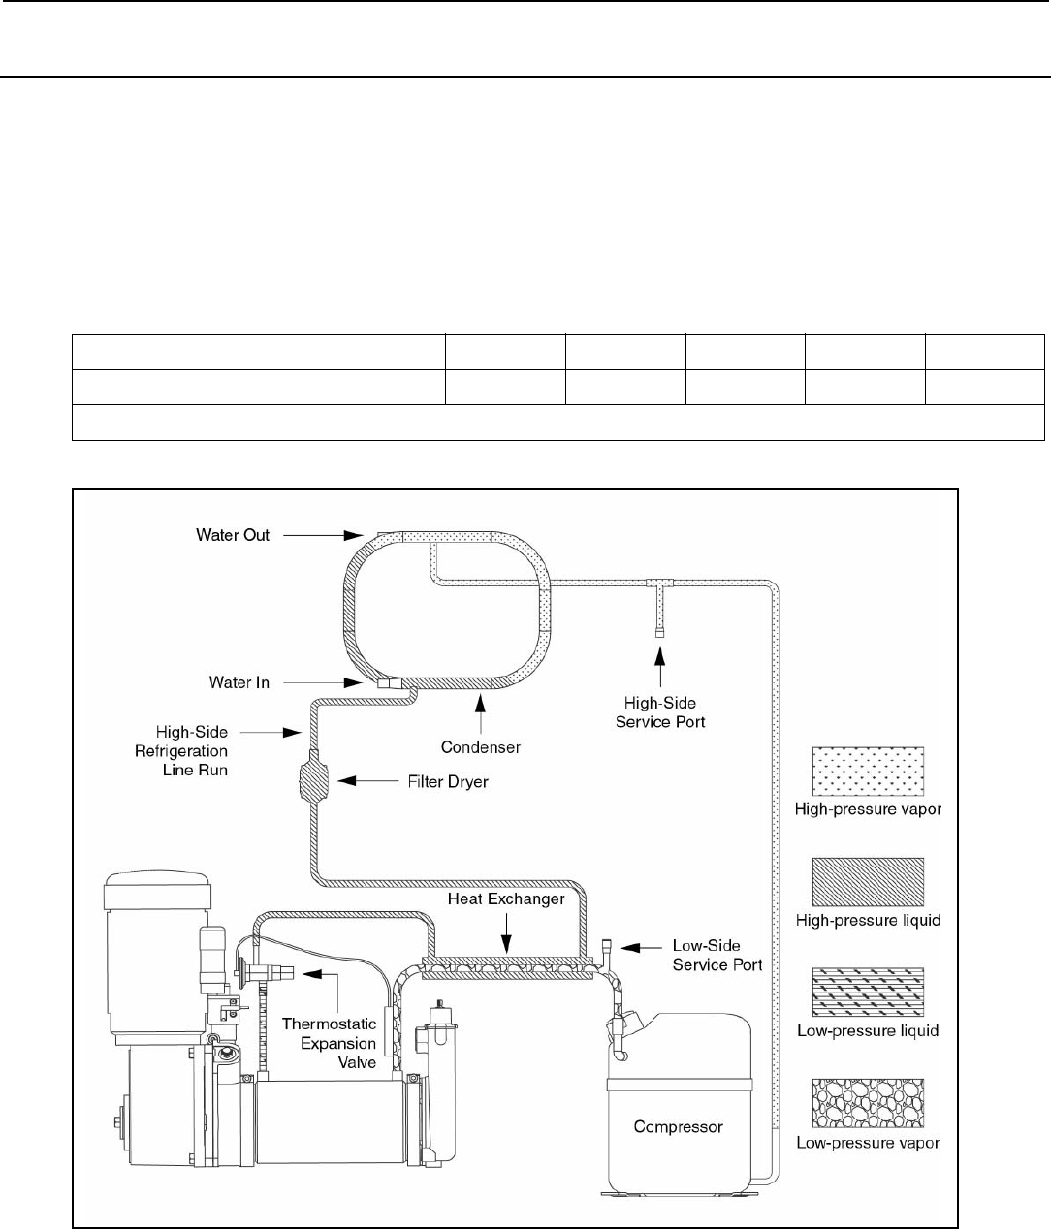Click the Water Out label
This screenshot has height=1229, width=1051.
[233, 535]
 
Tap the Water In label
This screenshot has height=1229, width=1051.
[239, 682]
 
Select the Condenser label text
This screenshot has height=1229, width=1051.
[481, 747]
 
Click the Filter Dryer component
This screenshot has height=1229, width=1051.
[313, 780]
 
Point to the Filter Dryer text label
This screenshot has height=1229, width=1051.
[448, 781]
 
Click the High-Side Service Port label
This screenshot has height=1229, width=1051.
[660, 712]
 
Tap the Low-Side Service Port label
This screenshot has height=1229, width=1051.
[717, 955]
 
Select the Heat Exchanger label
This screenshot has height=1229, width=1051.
[506, 898]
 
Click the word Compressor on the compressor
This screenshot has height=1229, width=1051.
[678, 1126]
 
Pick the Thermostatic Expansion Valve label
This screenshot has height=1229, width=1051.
[329, 1043]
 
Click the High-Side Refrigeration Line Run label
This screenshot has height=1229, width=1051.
[181, 750]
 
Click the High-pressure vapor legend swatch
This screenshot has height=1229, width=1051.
[868, 772]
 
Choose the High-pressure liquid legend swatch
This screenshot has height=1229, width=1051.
[868, 882]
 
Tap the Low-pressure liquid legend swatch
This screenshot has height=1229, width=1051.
[868, 993]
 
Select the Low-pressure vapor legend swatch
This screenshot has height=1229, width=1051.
[868, 1104]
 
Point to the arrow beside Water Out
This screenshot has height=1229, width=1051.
[323, 535]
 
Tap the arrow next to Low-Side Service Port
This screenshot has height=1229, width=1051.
[642, 947]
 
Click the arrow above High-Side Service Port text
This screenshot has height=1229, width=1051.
[659, 668]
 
